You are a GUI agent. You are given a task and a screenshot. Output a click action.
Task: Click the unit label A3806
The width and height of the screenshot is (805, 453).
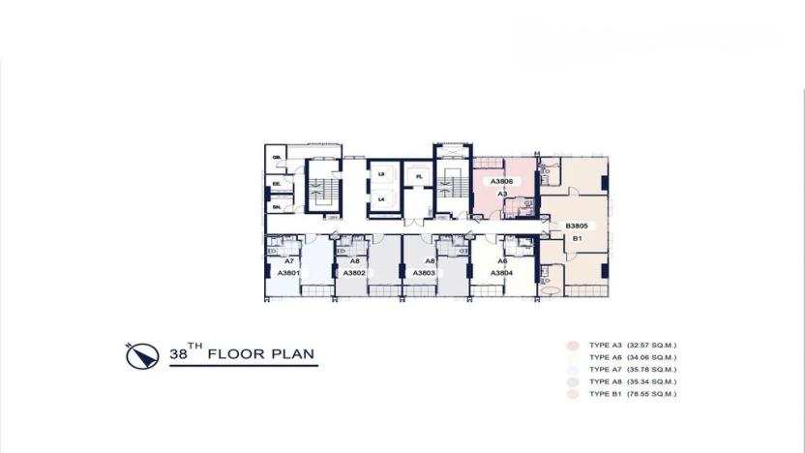tap(500, 181)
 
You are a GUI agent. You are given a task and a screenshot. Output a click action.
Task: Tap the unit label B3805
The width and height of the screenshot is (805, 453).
tap(577, 226)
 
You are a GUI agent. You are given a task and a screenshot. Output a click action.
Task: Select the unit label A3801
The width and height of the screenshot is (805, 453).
tap(288, 273)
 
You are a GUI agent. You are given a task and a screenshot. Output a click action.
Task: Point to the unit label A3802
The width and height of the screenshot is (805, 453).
tap(354, 273)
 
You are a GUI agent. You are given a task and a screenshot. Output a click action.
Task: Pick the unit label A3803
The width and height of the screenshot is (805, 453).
tap(424, 273)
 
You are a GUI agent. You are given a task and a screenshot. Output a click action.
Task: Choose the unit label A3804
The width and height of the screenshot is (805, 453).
tap(501, 273)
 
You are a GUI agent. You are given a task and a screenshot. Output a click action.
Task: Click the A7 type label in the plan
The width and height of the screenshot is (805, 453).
tap(288, 261)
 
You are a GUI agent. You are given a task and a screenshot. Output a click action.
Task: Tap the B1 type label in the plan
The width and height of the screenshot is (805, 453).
tap(577, 238)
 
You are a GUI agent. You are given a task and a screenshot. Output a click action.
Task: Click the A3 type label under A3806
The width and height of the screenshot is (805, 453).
tap(502, 194)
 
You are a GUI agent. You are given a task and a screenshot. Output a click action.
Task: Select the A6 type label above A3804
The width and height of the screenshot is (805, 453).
tap(502, 261)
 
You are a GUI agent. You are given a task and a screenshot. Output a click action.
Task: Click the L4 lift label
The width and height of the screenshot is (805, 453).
tap(381, 199)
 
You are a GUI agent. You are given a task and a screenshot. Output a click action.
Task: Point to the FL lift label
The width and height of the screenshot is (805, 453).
tap(419, 177)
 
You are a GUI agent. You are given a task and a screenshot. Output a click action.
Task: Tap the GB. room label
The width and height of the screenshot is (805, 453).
tap(276, 157)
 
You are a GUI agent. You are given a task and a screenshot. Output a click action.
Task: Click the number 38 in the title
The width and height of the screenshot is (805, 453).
tap(179, 355)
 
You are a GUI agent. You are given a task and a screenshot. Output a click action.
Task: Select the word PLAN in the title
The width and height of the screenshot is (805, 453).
tap(293, 355)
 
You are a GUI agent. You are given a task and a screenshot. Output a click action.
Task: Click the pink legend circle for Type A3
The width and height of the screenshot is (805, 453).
tap(571, 345)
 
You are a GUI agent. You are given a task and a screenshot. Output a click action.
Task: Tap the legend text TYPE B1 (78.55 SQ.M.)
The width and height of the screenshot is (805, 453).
tap(639, 394)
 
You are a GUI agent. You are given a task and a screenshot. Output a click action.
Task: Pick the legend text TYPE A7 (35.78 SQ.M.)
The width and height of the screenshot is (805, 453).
tap(639, 370)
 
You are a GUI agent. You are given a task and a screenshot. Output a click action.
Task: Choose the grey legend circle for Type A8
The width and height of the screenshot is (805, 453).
tap(571, 381)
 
